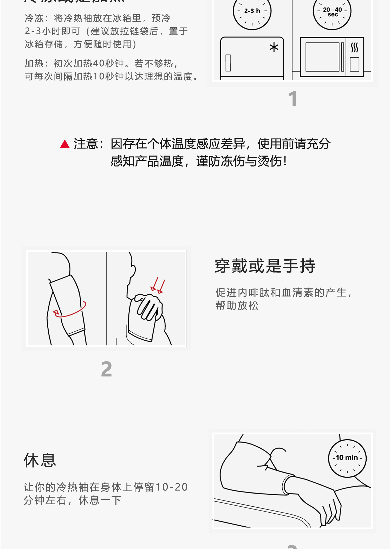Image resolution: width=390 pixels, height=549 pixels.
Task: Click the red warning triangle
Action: (65, 144)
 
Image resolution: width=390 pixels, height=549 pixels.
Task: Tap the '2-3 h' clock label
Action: (252, 11)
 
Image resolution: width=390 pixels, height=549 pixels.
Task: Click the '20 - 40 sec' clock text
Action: (332, 12)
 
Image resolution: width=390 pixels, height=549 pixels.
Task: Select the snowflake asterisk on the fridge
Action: (274, 48)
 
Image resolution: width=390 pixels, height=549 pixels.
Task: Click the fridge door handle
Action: (228, 63)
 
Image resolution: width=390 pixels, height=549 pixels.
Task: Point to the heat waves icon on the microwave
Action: (354, 48)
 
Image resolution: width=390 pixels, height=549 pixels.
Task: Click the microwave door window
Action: (322, 57)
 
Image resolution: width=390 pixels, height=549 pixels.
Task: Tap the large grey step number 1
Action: (293, 99)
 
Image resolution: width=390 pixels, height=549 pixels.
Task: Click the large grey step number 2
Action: (106, 369)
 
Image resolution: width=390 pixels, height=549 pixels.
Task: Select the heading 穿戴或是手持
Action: (265, 266)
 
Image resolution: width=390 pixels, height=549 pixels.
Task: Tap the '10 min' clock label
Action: (347, 457)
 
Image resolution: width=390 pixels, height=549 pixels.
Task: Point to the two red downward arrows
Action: (158, 286)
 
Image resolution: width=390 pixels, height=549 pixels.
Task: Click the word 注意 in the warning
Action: (86, 144)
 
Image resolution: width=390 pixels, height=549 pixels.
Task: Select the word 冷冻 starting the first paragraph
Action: (34, 18)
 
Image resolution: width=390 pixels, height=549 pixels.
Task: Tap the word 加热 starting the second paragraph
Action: (34, 63)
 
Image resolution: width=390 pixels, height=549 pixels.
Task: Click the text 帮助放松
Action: (237, 305)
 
